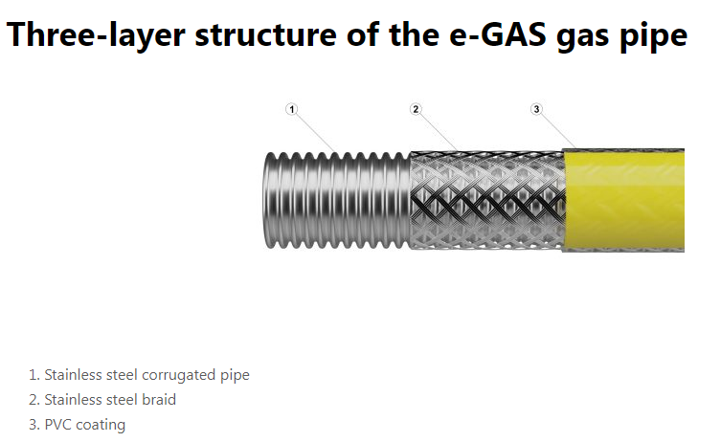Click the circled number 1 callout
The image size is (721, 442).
click(292, 109)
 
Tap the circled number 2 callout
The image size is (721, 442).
click(416, 109)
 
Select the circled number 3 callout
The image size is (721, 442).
click(536, 109)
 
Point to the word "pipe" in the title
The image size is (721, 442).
click(653, 35)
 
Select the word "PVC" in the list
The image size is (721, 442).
click(58, 425)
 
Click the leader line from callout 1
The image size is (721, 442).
click(317, 132)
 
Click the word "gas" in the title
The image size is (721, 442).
click(577, 35)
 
